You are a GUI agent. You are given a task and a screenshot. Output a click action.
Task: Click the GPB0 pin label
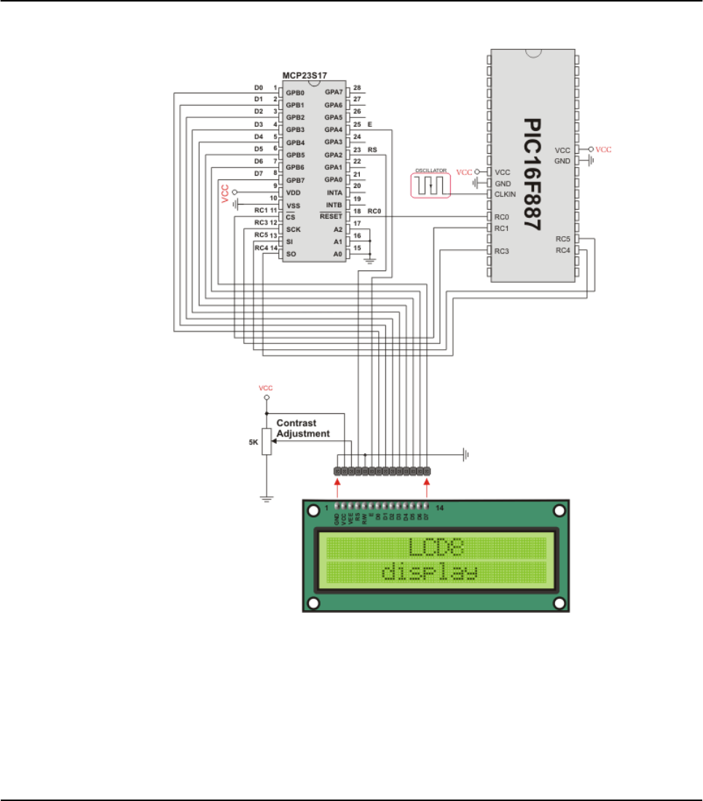[295, 93]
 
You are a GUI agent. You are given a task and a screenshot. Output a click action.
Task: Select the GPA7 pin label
[334, 93]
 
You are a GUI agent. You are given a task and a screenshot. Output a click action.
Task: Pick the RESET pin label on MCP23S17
[331, 216]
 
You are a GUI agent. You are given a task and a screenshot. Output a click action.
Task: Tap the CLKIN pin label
[506, 195]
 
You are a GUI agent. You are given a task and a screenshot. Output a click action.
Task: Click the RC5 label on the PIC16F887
[562, 239]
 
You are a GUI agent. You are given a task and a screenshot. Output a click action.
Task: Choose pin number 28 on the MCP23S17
[357, 88]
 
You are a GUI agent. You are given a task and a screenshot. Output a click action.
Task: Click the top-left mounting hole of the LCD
[314, 511]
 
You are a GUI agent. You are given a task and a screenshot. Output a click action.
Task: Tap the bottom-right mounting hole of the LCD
[559, 603]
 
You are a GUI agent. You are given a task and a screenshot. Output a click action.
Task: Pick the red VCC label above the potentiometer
[266, 388]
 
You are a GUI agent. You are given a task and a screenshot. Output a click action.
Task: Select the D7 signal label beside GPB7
[258, 173]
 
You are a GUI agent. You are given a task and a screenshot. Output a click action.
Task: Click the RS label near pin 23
[372, 149]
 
